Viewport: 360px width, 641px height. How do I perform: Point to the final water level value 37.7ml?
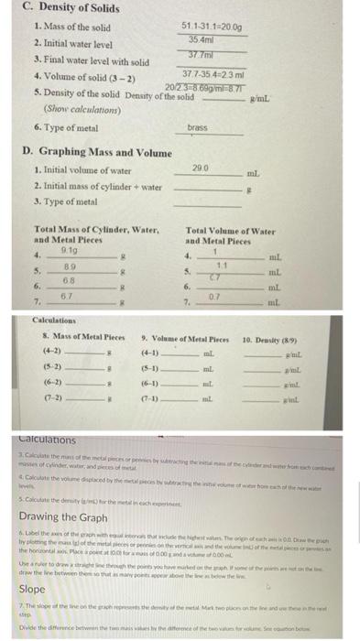pos(202,57)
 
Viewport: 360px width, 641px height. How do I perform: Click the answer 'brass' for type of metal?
pos(197,127)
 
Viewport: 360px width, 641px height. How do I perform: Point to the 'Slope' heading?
pos(32,589)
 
